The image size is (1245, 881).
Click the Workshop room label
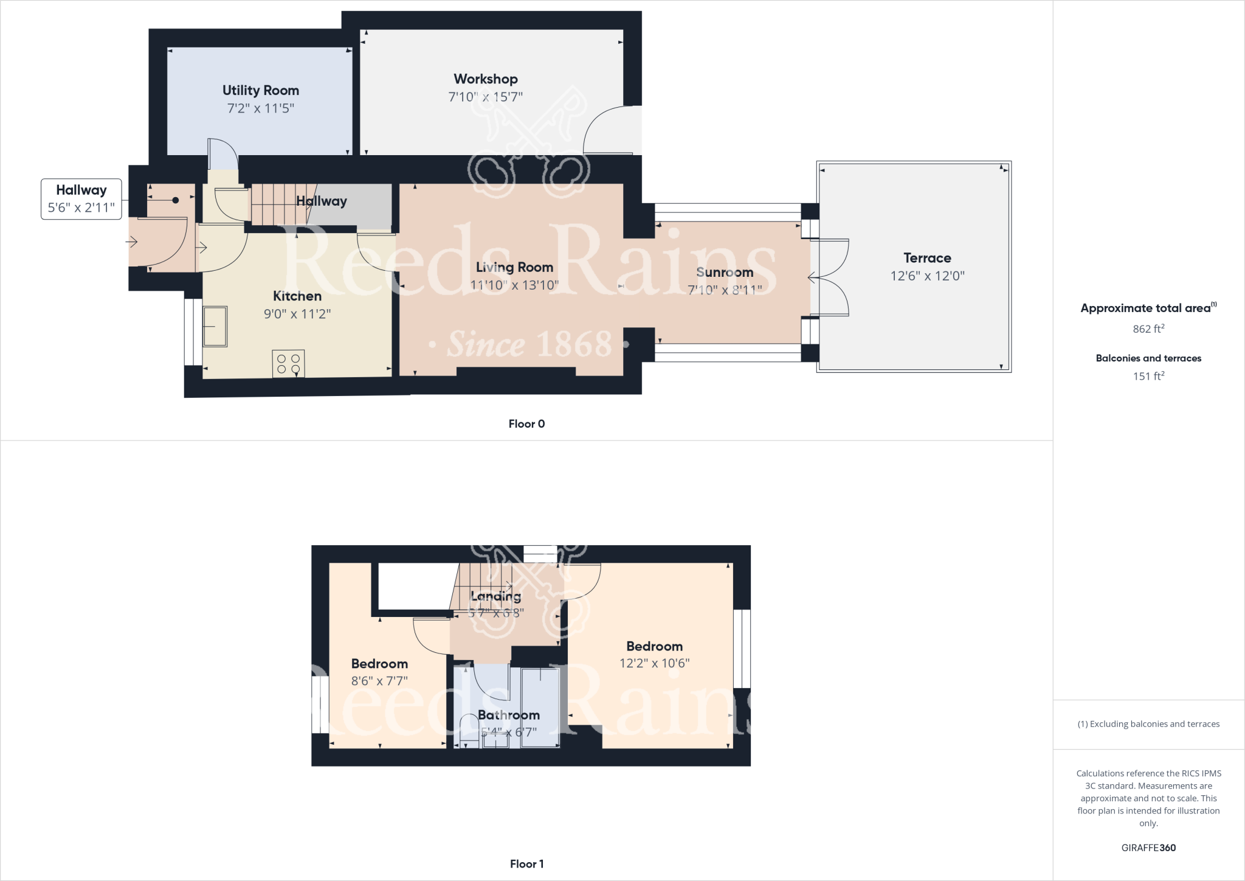[x=485, y=79]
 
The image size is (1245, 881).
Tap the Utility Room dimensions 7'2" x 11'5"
[x=260, y=108]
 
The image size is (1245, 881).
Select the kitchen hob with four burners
[x=288, y=364]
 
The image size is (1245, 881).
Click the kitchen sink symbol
[x=215, y=327]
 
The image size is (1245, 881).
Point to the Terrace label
[x=926, y=258]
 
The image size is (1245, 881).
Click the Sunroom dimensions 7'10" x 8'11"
[x=725, y=290]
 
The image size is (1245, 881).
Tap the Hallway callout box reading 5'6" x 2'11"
[x=81, y=200]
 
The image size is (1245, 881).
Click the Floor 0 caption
[x=526, y=424]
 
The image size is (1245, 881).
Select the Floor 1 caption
[x=526, y=864]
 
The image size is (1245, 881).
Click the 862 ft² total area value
[x=1148, y=329]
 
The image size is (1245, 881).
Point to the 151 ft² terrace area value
[x=1148, y=377]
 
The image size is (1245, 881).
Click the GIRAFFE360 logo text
[x=1148, y=848]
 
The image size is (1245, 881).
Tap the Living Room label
[x=514, y=267]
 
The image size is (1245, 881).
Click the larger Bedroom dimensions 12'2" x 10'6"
[x=654, y=663]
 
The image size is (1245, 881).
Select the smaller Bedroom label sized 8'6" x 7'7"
[x=379, y=664]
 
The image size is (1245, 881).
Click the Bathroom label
[x=508, y=715]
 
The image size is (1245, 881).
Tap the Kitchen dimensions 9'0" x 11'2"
[x=297, y=314]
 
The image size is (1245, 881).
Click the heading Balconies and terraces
[x=1148, y=358]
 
